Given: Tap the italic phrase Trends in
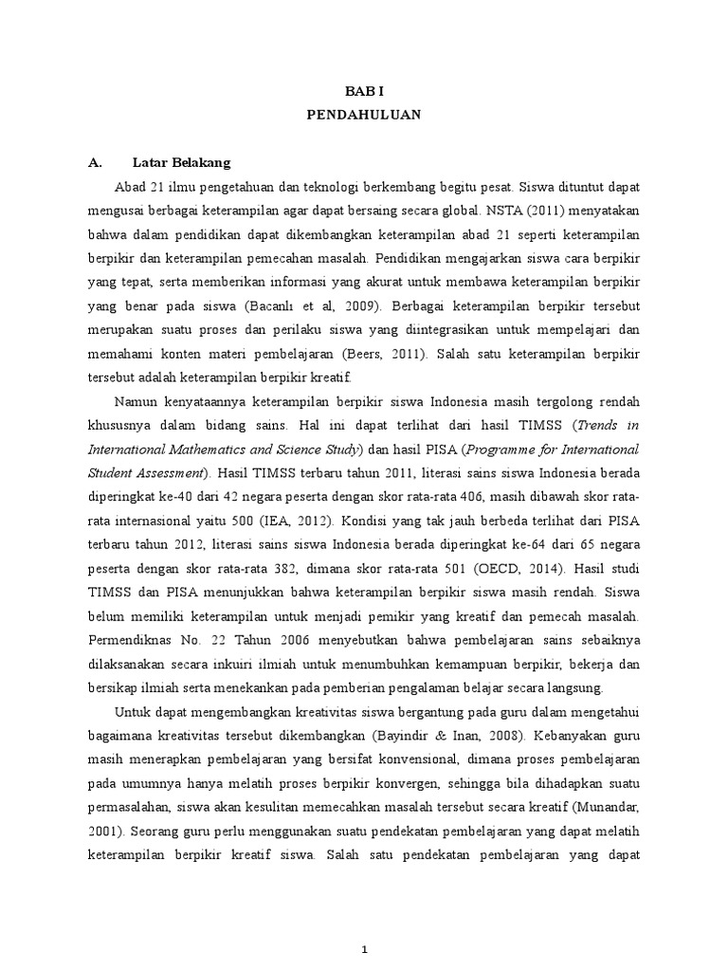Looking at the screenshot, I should [608, 424].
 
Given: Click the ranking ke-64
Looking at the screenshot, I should [513, 542].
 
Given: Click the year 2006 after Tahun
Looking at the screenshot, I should [275, 638].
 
